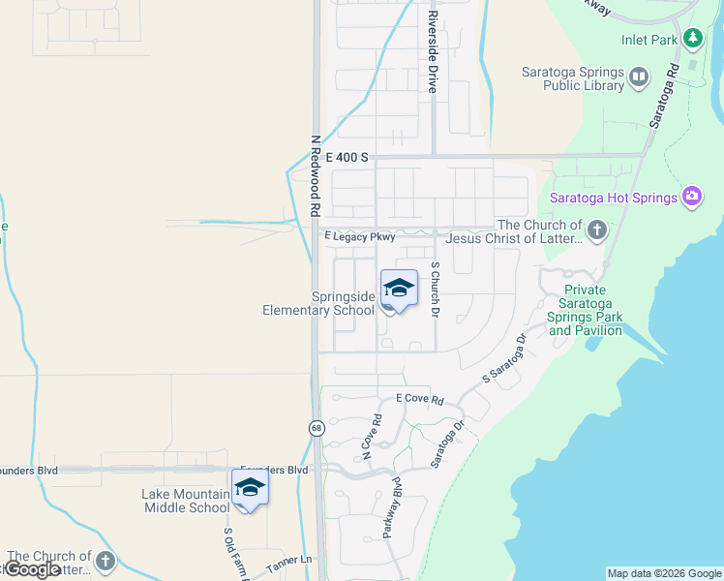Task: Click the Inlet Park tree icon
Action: [x=692, y=39]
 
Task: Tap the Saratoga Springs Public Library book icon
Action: [x=638, y=76]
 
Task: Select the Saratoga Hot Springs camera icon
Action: [x=691, y=198]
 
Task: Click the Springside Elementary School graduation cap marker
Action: [x=398, y=290]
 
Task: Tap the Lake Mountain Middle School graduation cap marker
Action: [x=250, y=489]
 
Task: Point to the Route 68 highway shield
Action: [x=317, y=428]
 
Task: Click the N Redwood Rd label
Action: [x=316, y=174]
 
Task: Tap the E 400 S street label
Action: [x=347, y=157]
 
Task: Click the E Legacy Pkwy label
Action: [x=360, y=236]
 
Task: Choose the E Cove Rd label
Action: [x=419, y=400]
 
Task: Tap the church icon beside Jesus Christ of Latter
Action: [x=596, y=230]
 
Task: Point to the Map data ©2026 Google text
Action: [x=664, y=573]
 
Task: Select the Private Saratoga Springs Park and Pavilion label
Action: [x=585, y=310]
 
